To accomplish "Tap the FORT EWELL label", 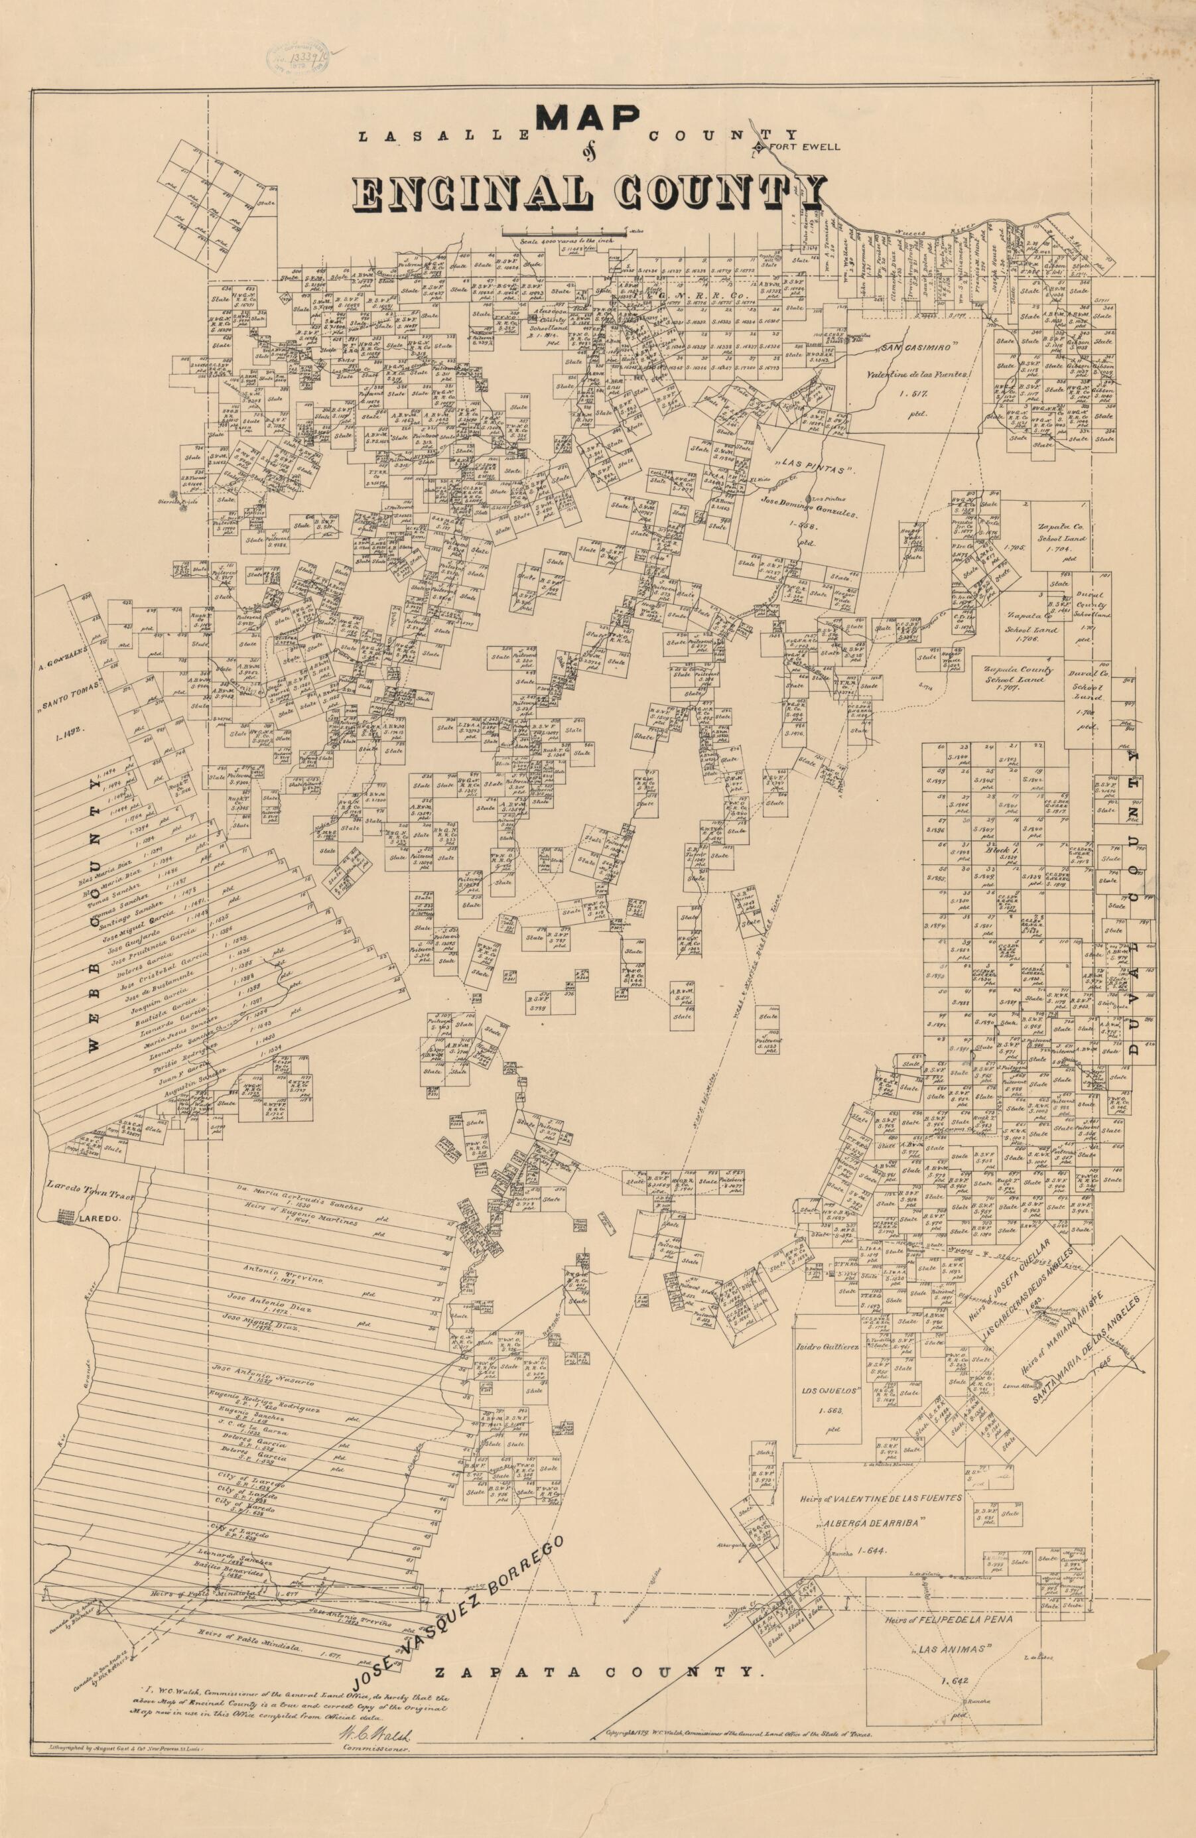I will (803, 147).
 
